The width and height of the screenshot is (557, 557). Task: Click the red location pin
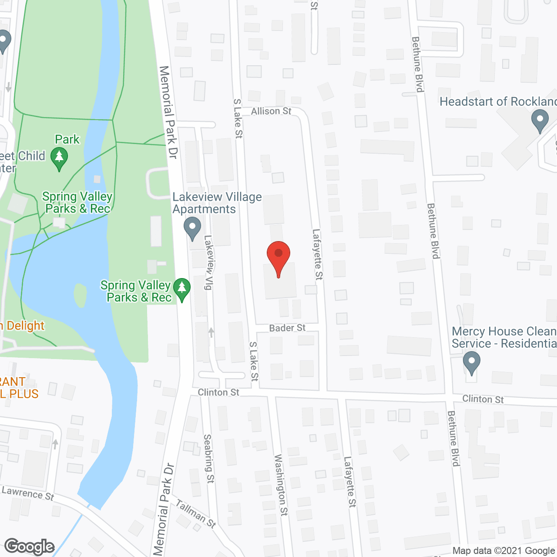pyautogui.click(x=278, y=257)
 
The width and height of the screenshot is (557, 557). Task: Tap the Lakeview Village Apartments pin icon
pyautogui.click(x=192, y=228)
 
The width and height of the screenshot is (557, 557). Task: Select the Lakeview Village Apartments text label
pyautogui.click(x=217, y=203)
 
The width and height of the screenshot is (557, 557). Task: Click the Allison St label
pyautogui.click(x=271, y=111)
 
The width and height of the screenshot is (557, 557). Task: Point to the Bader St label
pyautogui.click(x=287, y=328)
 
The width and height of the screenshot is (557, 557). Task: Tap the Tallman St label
pyautogui.click(x=196, y=513)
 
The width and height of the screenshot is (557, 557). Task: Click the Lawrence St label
pyautogui.click(x=28, y=493)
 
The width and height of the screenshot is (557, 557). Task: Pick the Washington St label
pyautogui.click(x=281, y=485)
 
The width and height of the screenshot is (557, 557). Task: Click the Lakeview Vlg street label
pyautogui.click(x=209, y=262)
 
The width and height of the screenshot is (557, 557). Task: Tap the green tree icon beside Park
pyautogui.click(x=59, y=158)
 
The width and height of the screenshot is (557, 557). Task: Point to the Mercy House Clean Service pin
pyautogui.click(x=471, y=362)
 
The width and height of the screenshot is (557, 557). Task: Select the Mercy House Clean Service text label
pyautogui.click(x=504, y=338)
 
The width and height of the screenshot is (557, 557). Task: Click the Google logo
pyautogui.click(x=30, y=547)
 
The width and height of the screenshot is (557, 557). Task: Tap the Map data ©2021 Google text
pyautogui.click(x=503, y=551)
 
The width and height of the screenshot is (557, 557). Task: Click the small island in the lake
pyautogui.click(x=80, y=295)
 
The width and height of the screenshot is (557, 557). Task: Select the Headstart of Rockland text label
pyautogui.click(x=498, y=102)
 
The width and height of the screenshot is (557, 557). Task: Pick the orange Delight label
pyautogui.click(x=23, y=325)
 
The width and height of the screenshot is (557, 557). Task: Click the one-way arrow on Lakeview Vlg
pyautogui.click(x=211, y=332)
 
